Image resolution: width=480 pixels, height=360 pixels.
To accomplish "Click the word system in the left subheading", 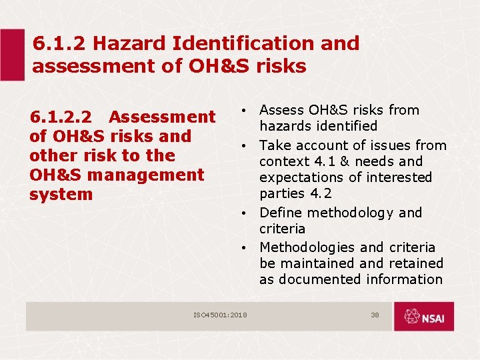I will tap(61, 195).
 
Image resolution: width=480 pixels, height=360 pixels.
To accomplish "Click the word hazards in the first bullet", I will tap(285, 126).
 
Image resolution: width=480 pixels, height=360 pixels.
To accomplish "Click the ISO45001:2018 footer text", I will tap(220, 315).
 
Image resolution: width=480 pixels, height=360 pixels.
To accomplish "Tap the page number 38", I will tap(375, 315).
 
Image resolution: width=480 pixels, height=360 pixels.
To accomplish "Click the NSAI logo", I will tap(423, 316).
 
